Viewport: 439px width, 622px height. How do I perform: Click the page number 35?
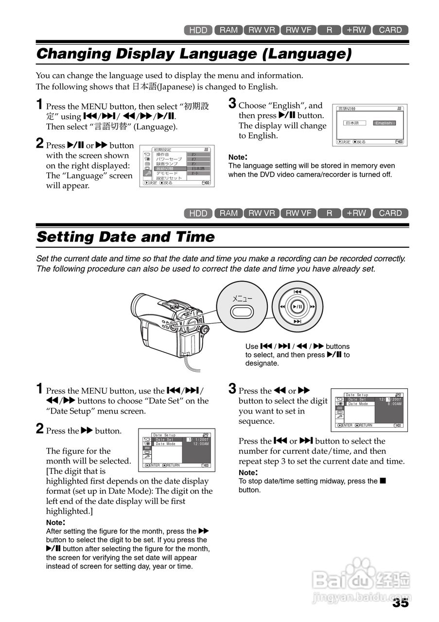click(x=401, y=603)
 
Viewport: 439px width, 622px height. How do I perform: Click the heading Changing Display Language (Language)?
click(x=193, y=54)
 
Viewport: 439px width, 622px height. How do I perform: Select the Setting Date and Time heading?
click(x=125, y=237)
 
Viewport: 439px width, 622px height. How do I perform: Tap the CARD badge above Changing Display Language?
click(x=390, y=30)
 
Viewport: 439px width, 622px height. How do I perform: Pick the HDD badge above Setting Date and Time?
click(x=198, y=213)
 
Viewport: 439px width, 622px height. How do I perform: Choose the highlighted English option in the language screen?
click(x=384, y=123)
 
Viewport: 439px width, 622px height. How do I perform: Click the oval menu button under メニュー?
click(x=242, y=311)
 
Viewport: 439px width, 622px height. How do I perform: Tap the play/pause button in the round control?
click(x=298, y=307)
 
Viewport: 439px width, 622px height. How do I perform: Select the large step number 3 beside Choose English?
click(x=232, y=104)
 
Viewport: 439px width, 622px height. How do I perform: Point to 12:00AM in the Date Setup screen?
click(x=201, y=444)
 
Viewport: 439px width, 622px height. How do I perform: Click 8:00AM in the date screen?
click(x=394, y=404)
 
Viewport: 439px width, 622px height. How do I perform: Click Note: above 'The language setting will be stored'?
click(x=238, y=157)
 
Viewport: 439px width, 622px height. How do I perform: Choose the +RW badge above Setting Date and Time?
click(x=356, y=213)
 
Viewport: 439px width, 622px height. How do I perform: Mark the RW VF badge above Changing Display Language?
click(x=299, y=30)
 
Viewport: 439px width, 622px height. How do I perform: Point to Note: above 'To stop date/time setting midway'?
click(x=248, y=472)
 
